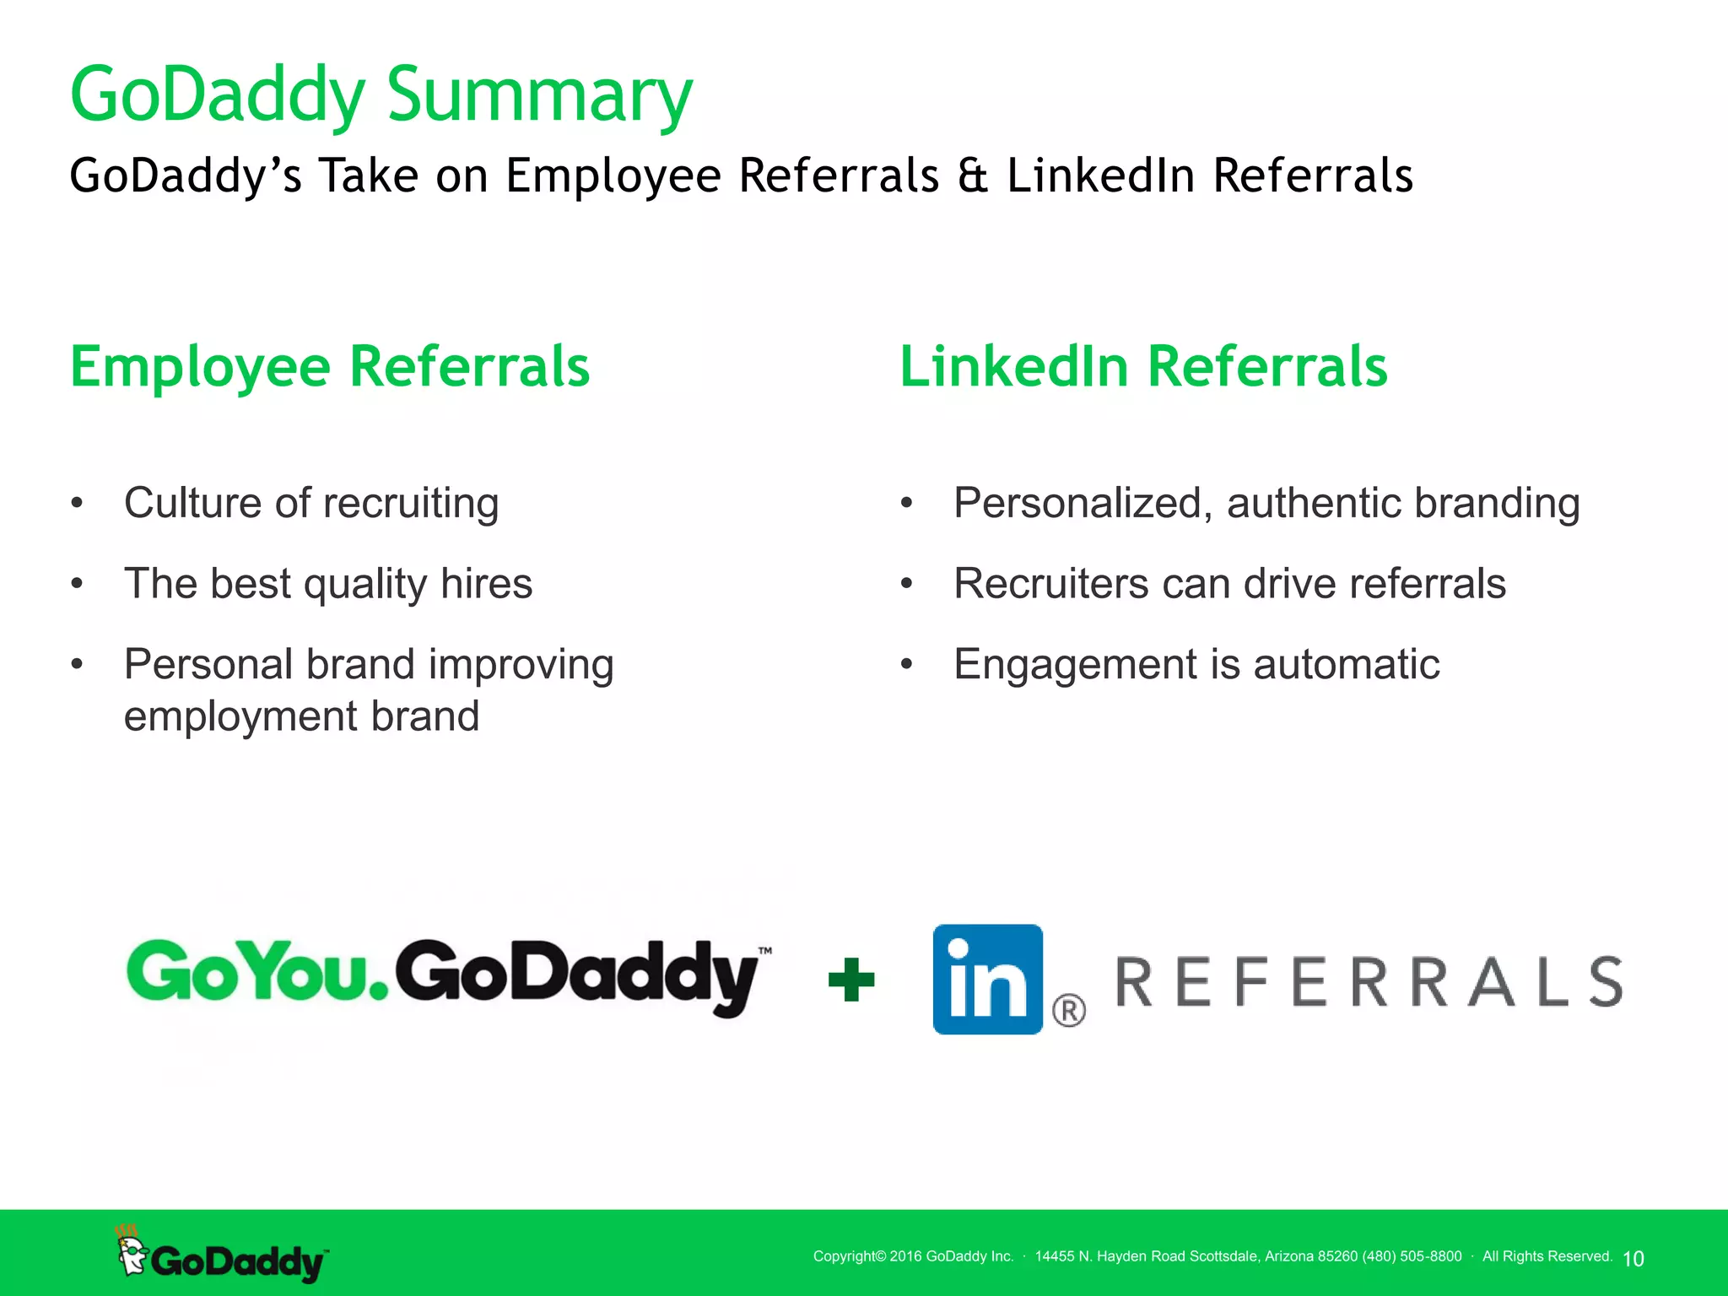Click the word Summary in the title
coord(540,94)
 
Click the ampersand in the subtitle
coord(973,175)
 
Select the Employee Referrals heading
coord(330,367)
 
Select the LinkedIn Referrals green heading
coord(1143,367)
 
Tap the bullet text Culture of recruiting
coord(311,503)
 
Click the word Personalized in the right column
coord(1083,503)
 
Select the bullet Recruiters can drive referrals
coord(1229,584)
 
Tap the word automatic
coord(1347,664)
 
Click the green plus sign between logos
coord(851,980)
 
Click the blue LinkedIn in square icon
coord(987,979)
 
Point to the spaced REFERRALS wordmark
coord(1369,982)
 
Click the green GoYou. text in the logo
coord(257,972)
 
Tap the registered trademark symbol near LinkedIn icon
coord(1068,1010)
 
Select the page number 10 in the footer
coord(1633,1259)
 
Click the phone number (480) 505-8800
coord(1412,1256)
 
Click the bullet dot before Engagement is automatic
coord(907,664)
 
